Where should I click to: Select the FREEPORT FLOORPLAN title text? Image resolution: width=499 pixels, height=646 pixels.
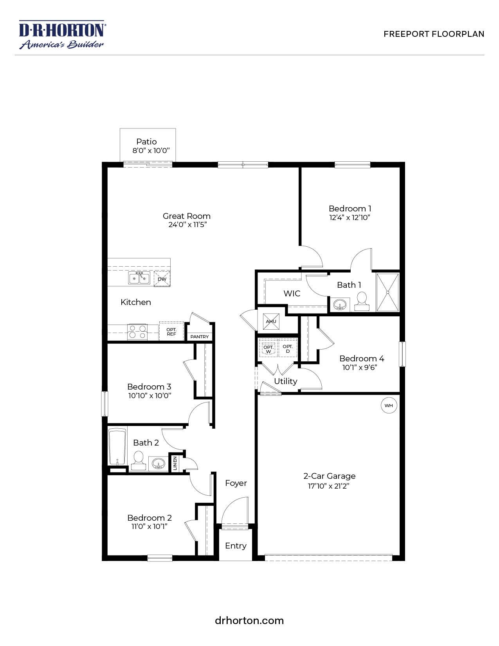(x=434, y=34)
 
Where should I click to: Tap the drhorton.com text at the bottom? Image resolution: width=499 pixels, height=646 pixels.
(x=249, y=621)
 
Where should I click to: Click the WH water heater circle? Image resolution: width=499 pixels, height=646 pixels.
(x=389, y=406)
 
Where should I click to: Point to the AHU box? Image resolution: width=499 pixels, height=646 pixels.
(x=271, y=321)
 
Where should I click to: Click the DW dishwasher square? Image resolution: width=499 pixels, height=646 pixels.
(x=162, y=279)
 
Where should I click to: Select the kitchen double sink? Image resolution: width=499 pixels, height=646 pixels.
(x=139, y=278)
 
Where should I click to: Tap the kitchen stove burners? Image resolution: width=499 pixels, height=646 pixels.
(x=137, y=332)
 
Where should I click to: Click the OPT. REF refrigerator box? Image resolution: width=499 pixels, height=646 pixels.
(x=171, y=332)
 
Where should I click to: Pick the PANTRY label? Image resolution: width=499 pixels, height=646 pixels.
(x=200, y=337)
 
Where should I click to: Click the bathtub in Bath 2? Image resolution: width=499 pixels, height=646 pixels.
(x=117, y=446)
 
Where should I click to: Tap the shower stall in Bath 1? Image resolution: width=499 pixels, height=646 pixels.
(x=387, y=292)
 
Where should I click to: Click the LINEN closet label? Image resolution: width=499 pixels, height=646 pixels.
(x=175, y=463)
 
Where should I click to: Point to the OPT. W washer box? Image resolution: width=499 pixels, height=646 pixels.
(x=268, y=349)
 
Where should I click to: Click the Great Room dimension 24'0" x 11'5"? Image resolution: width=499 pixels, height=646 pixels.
(x=187, y=225)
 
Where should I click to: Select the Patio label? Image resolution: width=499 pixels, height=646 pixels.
(x=146, y=142)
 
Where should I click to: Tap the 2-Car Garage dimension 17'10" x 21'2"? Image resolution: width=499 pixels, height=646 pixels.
(x=329, y=486)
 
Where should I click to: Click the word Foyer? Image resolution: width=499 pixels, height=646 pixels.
(x=236, y=483)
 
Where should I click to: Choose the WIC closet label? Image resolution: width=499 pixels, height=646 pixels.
(x=292, y=293)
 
